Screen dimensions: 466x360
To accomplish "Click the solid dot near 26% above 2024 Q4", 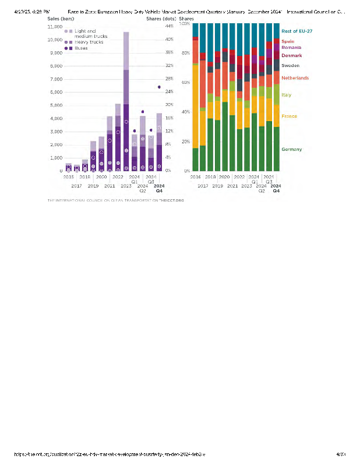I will pos(159,87).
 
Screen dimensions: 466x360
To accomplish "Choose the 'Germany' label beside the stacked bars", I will pos(291,150).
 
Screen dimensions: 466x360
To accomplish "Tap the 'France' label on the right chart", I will pos(290,116).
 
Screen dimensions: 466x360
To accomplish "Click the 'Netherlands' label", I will pos(295,77).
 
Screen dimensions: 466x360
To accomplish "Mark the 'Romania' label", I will pos(291,48).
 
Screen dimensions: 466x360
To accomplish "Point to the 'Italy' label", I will pos(287,94).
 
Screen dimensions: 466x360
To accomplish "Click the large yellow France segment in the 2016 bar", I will pos(195,105).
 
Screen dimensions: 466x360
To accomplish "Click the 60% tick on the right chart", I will pos(185,83).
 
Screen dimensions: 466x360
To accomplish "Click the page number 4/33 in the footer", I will pos(341,453).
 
